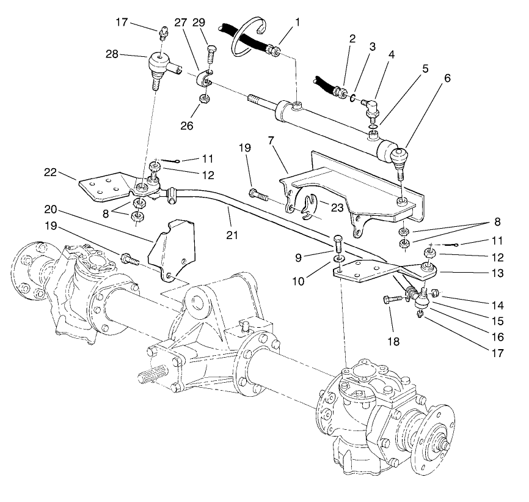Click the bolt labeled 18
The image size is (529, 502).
[x=393, y=300]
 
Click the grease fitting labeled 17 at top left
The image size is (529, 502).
[x=162, y=32]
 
